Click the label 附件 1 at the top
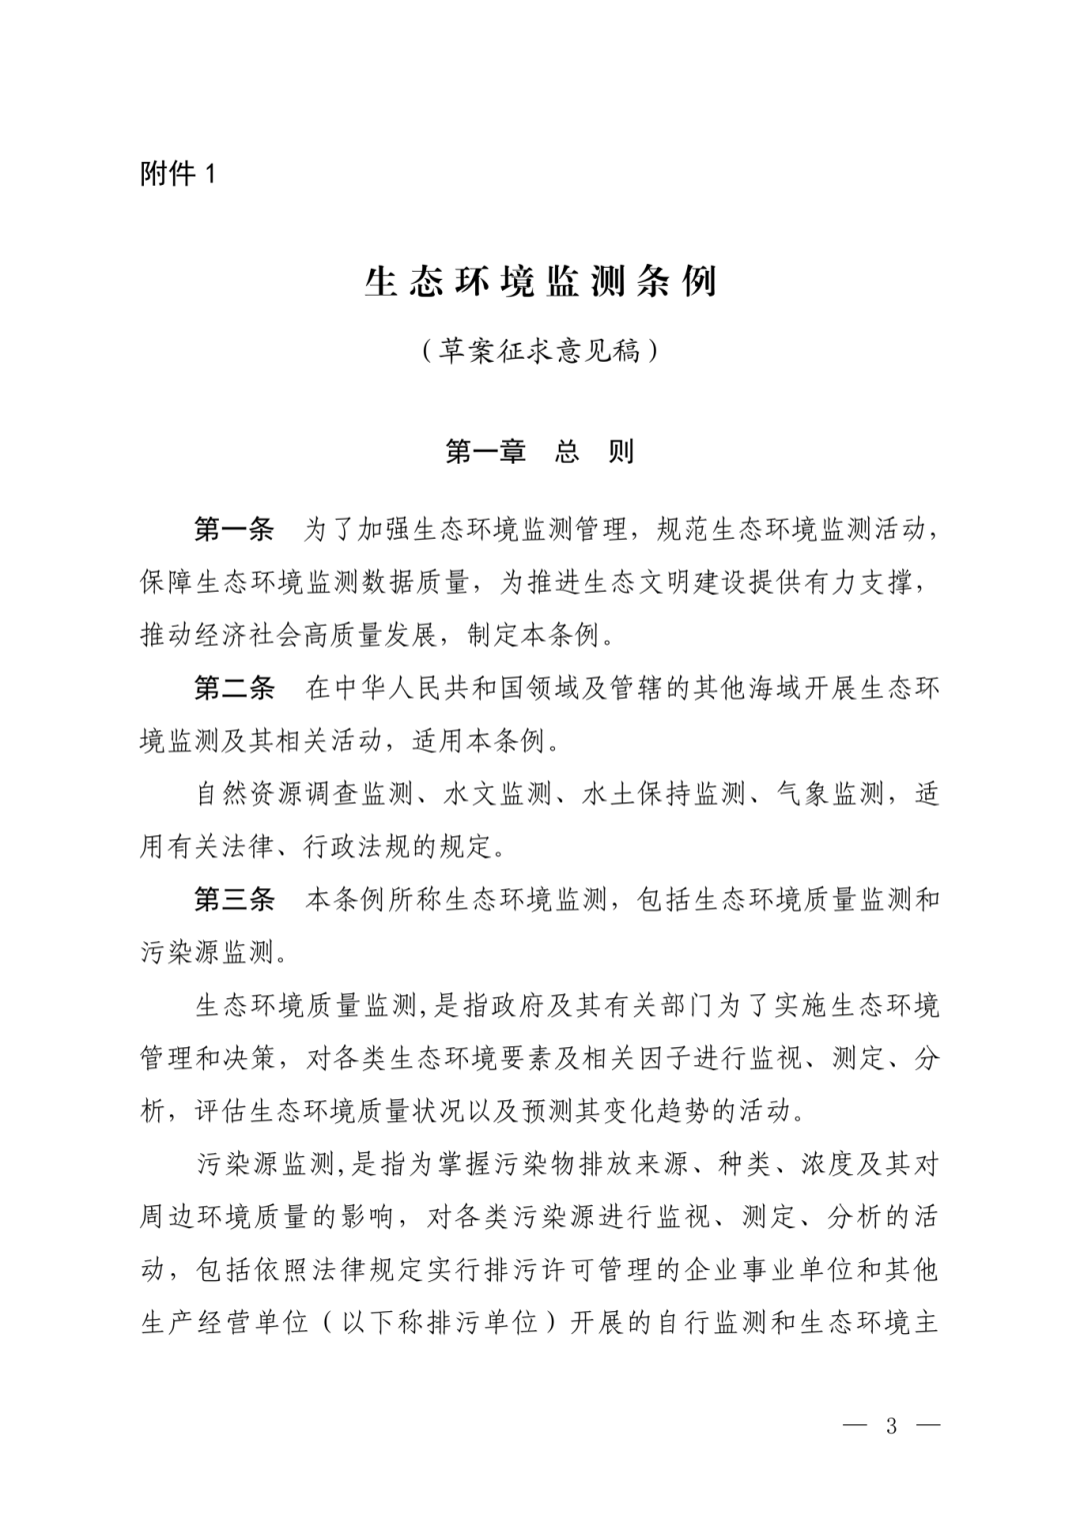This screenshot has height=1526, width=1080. (178, 174)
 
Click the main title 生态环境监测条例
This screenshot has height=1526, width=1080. (540, 281)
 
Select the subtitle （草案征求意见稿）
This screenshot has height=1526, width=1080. (540, 351)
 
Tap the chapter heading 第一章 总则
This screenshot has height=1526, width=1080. (540, 452)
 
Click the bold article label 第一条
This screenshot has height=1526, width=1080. (233, 529)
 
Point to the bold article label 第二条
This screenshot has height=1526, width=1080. (233, 688)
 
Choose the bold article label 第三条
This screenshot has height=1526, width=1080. (233, 899)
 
